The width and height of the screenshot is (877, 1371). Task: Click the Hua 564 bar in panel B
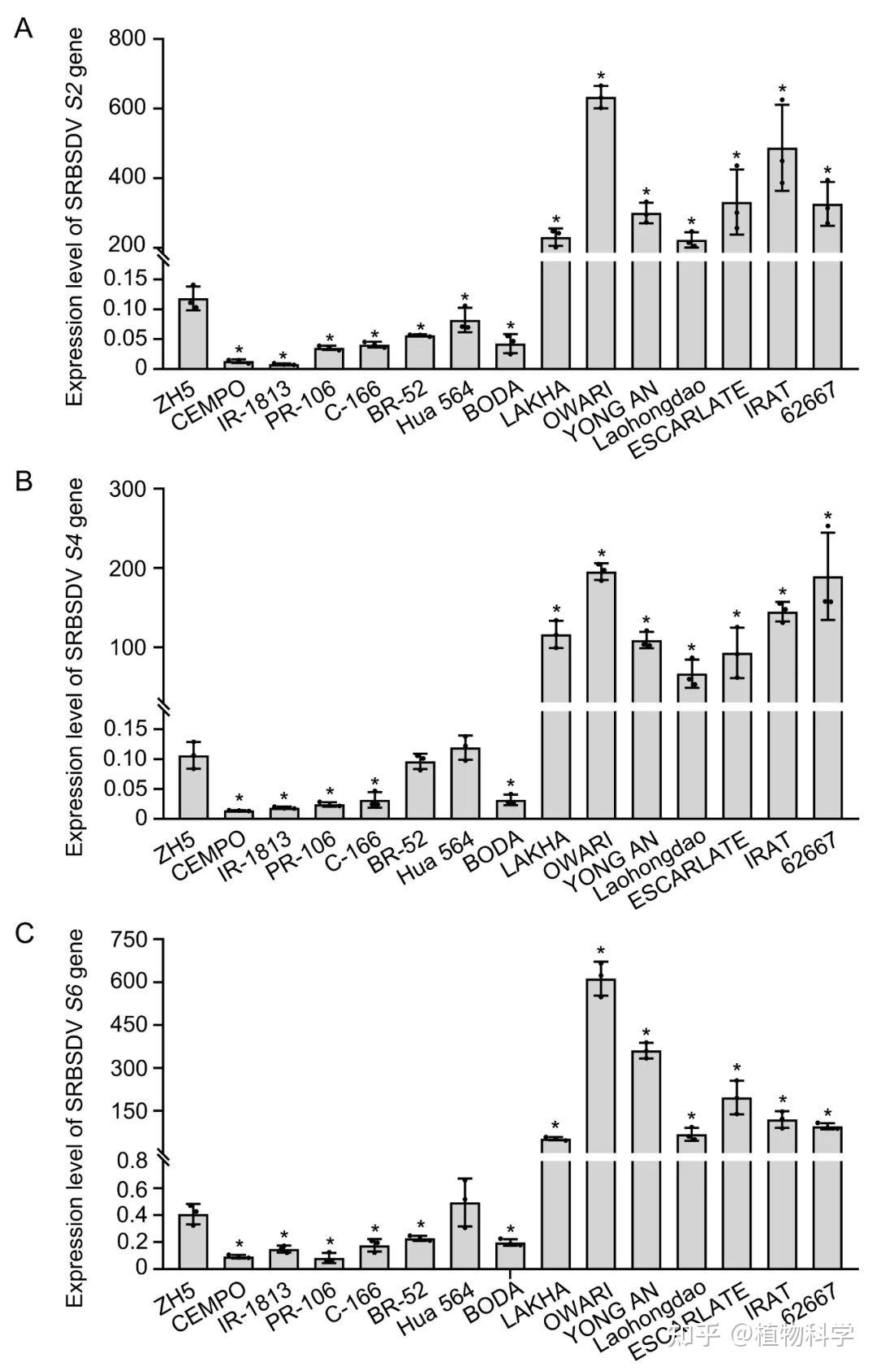click(x=465, y=784)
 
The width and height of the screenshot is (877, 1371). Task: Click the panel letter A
click(x=24, y=30)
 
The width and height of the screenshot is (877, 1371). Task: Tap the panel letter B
click(x=24, y=482)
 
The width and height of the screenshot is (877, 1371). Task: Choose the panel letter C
click(x=24, y=933)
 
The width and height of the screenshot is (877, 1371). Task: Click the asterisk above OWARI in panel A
click(x=601, y=76)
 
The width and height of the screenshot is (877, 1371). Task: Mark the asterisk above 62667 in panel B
click(x=827, y=517)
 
